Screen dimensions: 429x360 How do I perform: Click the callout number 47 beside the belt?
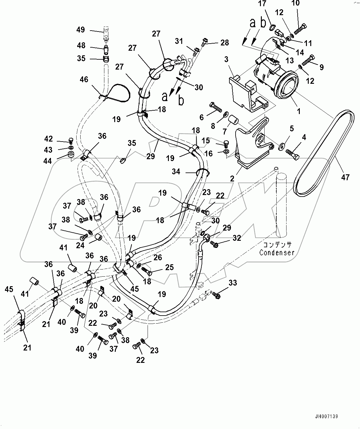[345, 177]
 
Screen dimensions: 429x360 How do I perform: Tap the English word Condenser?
[277, 253]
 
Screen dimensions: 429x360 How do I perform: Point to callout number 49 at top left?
[81, 30]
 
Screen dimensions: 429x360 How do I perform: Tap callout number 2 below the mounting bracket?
[232, 178]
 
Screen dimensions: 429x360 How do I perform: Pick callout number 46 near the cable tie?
[84, 79]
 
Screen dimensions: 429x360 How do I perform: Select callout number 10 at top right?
[295, 3]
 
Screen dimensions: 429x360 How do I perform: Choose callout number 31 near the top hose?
[179, 41]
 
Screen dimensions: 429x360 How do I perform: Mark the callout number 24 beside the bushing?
[80, 245]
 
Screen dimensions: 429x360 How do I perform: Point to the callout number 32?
[237, 238]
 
